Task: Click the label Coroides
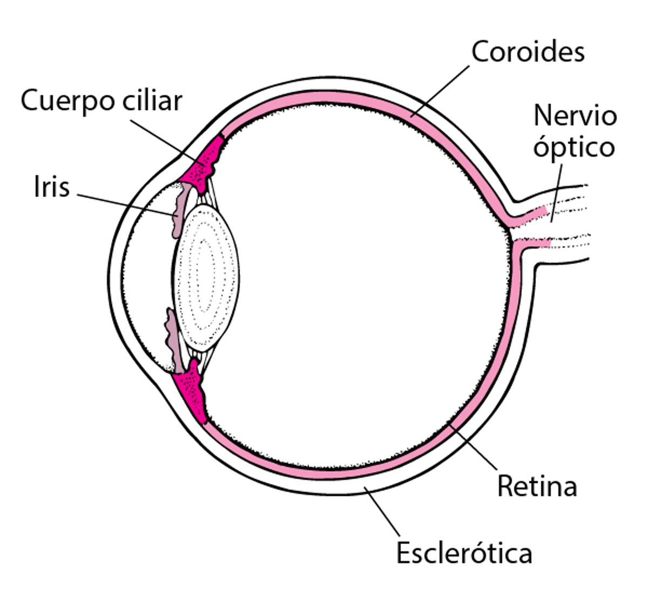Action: tap(528, 52)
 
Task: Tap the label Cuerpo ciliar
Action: tap(102, 101)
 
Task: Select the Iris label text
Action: tap(52, 187)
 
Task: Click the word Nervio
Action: tap(575, 115)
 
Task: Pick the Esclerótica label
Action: tap(464, 552)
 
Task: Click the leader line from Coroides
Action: tap(440, 90)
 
